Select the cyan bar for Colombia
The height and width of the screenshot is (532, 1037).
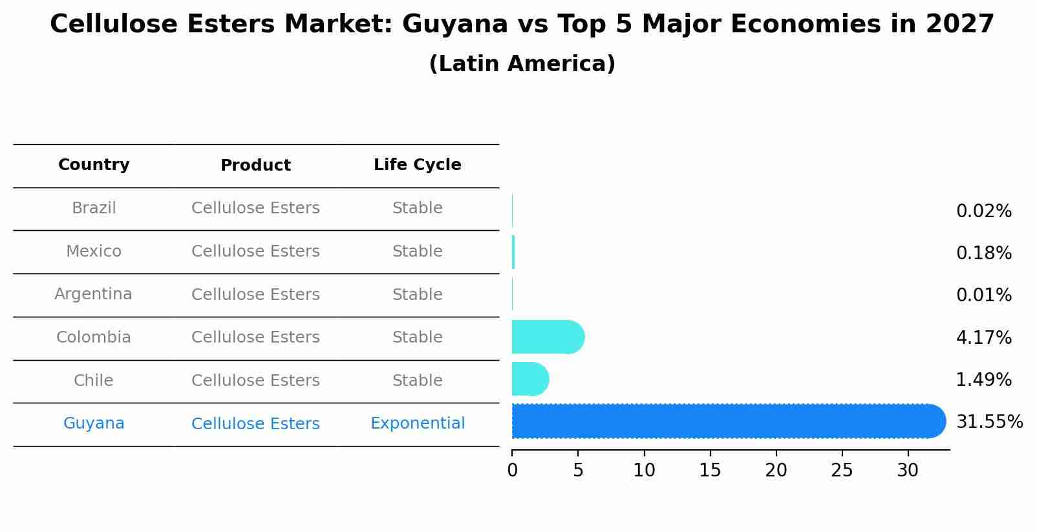(547, 337)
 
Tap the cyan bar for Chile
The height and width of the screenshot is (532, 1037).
(529, 379)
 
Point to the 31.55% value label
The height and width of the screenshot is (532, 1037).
(989, 422)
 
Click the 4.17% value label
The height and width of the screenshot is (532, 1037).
(983, 337)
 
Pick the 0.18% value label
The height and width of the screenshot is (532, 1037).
(983, 253)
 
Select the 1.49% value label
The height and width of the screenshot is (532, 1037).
(983, 380)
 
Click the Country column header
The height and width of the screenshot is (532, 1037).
(94, 165)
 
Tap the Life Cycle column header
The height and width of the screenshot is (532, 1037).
(417, 165)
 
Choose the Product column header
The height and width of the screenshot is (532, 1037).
(255, 165)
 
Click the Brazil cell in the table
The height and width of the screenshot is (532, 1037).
(94, 208)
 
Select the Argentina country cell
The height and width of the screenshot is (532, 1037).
(93, 294)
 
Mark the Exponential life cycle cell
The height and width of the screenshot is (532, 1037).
(417, 423)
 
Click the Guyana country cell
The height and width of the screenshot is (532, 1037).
(94, 423)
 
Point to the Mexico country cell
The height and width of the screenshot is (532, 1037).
(94, 251)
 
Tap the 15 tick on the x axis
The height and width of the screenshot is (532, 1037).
(710, 470)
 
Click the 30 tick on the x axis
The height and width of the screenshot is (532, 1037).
(908, 470)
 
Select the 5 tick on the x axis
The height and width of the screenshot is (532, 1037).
(578, 470)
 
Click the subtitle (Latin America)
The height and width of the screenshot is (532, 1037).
(522, 64)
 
